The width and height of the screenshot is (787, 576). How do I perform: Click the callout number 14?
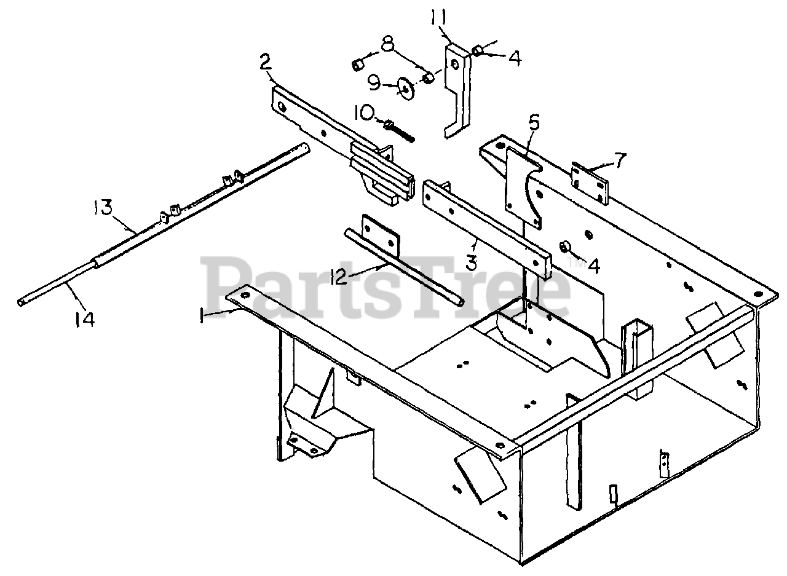(84, 319)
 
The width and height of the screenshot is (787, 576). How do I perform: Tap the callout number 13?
(102, 208)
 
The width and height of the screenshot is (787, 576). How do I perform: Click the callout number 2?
(265, 62)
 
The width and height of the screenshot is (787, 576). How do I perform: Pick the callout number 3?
(471, 262)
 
